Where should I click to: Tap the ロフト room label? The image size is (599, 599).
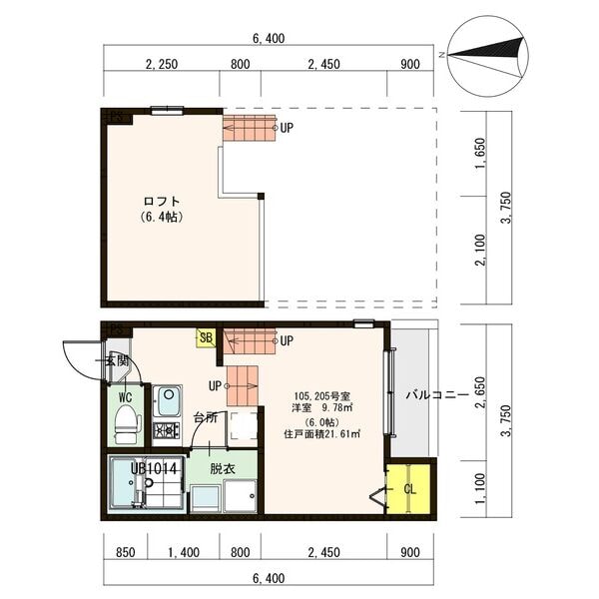(161, 199)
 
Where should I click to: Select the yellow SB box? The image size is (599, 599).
(206, 338)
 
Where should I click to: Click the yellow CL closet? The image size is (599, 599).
(410, 489)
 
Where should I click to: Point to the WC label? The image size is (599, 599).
(126, 396)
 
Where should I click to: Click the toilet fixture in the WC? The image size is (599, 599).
(126, 430)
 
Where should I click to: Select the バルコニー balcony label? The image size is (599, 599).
(436, 395)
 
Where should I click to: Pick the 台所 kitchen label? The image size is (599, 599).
(205, 417)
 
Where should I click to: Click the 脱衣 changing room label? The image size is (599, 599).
(222, 467)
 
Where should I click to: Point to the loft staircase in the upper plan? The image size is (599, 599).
(249, 128)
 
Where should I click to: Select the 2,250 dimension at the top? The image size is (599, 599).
(161, 66)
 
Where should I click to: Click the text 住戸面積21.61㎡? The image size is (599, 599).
(321, 434)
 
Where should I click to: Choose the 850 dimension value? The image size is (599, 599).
(126, 552)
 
